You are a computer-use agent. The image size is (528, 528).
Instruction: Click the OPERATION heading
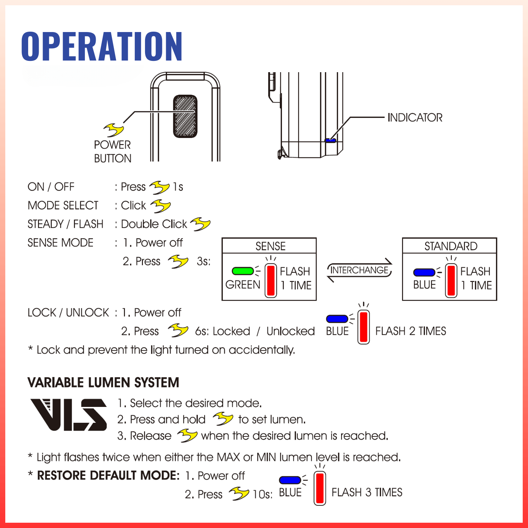[x=102, y=46]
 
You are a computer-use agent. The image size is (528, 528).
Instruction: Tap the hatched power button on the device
[x=185, y=116]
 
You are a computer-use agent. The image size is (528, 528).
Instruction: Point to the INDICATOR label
[x=415, y=118]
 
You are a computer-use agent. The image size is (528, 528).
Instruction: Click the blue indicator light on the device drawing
[x=330, y=140]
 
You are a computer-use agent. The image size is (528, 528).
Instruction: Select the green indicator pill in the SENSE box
[x=243, y=271]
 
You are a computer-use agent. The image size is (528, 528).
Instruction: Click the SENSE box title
[x=270, y=246]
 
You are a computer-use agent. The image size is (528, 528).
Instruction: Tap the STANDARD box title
[x=451, y=246]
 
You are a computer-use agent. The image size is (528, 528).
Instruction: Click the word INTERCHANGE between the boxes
[x=359, y=270]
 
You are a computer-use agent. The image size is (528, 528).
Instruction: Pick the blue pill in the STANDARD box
[x=424, y=272]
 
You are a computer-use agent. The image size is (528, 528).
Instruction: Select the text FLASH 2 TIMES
[x=410, y=331]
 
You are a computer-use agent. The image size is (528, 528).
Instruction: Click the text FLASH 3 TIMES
[x=367, y=492]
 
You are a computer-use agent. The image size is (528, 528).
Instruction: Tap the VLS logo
[x=69, y=415]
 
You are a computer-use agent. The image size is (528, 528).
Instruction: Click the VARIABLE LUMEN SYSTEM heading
[x=103, y=383]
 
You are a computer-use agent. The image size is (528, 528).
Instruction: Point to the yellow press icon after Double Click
[x=201, y=224]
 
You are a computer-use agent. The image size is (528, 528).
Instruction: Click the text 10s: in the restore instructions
[x=263, y=494]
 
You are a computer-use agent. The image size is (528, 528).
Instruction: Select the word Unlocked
[x=290, y=331]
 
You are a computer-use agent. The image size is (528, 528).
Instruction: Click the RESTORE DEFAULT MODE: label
[x=108, y=476]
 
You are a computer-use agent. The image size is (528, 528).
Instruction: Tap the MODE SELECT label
[x=63, y=205]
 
